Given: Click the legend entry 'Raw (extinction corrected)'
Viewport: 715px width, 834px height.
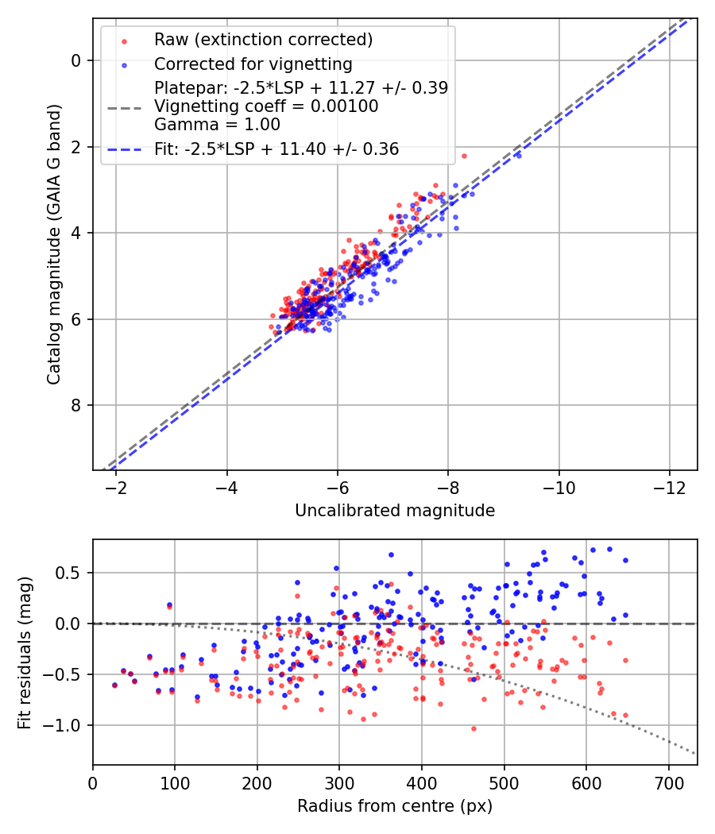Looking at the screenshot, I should [x=263, y=40].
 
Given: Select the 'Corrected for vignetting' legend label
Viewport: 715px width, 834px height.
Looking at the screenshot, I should [x=253, y=64].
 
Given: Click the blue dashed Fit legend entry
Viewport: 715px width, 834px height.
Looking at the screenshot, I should [x=276, y=149].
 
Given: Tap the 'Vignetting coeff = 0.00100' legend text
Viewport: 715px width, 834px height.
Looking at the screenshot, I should [x=266, y=106].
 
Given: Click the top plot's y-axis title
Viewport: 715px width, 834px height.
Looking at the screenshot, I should [x=53, y=244].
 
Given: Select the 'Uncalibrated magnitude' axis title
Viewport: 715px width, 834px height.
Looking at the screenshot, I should [x=395, y=511].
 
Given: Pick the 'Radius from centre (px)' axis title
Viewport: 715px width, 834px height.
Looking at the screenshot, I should [x=395, y=806].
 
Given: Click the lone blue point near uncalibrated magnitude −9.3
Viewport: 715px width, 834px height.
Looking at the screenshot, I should [x=519, y=155].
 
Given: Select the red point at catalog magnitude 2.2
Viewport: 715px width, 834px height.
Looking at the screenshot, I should [x=464, y=156].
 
